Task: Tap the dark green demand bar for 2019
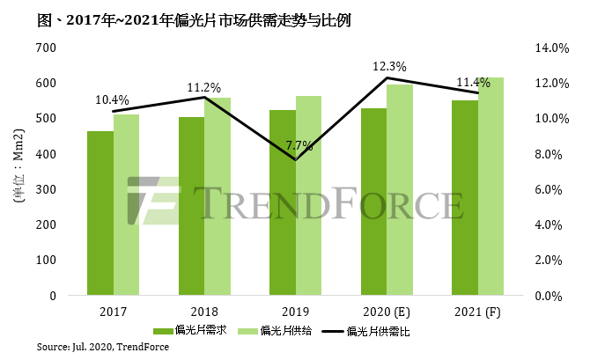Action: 282,202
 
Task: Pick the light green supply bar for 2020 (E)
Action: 401,189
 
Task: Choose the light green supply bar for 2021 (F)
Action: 491,186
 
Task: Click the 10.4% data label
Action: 112,100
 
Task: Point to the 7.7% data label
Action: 297,145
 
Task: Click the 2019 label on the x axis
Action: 296,311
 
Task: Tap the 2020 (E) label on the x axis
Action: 387,311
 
